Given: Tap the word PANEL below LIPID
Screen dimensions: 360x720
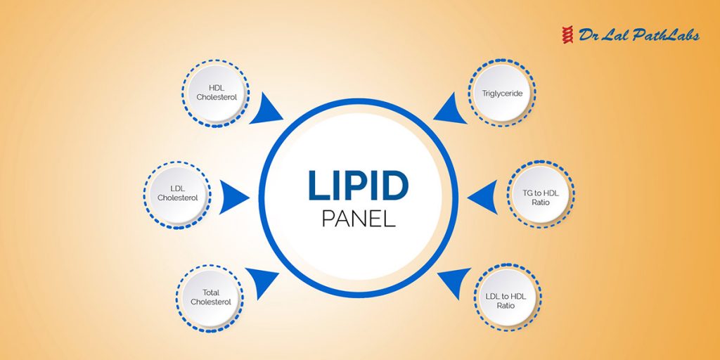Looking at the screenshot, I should pyautogui.click(x=359, y=218).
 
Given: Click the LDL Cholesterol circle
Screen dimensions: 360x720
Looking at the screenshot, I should pyautogui.click(x=177, y=193).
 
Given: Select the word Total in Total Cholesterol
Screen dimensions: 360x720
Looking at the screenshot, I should pyautogui.click(x=211, y=292).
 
